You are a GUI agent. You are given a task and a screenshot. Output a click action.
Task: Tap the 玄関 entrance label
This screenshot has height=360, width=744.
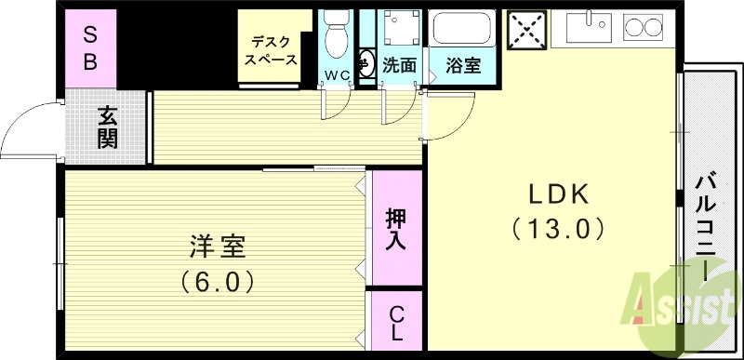click(x=108, y=127)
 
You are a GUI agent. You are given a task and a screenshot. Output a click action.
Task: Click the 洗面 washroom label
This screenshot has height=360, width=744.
click(x=399, y=67)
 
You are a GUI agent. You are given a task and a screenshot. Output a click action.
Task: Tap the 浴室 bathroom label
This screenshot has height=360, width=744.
click(x=462, y=67)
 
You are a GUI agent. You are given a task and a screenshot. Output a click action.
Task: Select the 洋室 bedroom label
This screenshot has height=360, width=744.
click(x=217, y=247)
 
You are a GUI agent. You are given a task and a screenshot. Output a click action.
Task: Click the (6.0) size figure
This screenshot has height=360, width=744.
click(x=217, y=279)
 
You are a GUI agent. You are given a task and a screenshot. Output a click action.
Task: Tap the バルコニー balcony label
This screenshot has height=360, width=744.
click(x=706, y=223)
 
